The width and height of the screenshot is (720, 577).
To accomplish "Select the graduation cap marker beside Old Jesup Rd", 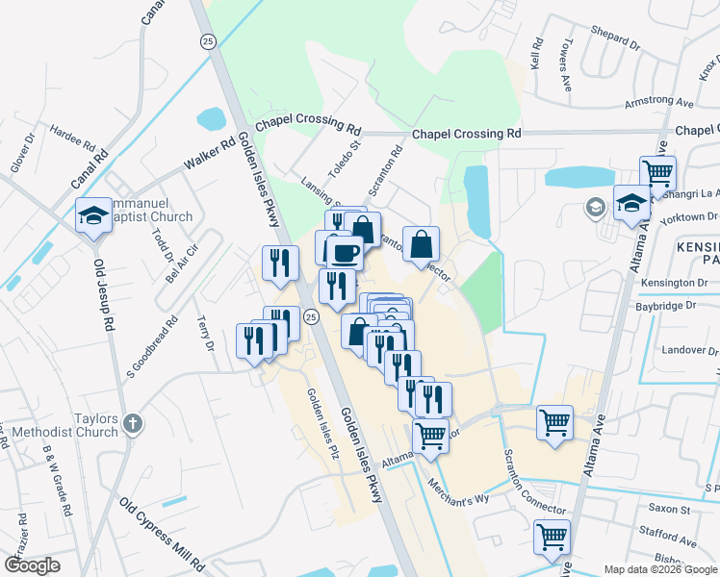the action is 92,215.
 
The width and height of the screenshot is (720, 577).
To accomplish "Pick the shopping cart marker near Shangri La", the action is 657,174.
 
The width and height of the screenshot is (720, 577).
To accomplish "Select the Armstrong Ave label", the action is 658,102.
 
